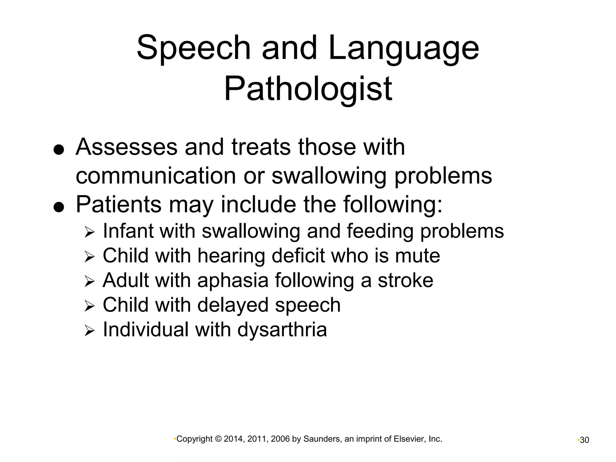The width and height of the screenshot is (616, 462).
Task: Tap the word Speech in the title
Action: coord(193,48)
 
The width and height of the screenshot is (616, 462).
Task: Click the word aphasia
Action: coord(233,281)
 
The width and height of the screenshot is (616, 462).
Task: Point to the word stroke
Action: coord(405,280)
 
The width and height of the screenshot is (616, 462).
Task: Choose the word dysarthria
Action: coord(282,330)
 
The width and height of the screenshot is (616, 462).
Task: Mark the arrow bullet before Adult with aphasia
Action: coord(89,282)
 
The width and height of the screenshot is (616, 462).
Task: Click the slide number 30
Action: coord(584,440)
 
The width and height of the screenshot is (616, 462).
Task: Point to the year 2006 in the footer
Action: coord(280,439)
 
